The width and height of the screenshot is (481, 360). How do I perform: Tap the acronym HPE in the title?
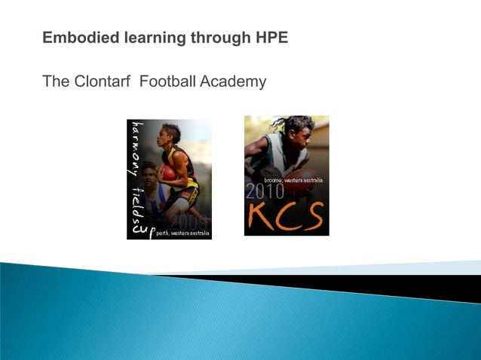pyautogui.click(x=271, y=37)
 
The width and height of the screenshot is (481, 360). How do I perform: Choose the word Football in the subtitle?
pyautogui.click(x=167, y=81)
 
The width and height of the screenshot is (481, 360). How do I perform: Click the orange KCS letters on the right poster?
pyautogui.click(x=286, y=216)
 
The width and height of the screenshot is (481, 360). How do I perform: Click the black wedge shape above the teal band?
pyautogui.click(x=392, y=285)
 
